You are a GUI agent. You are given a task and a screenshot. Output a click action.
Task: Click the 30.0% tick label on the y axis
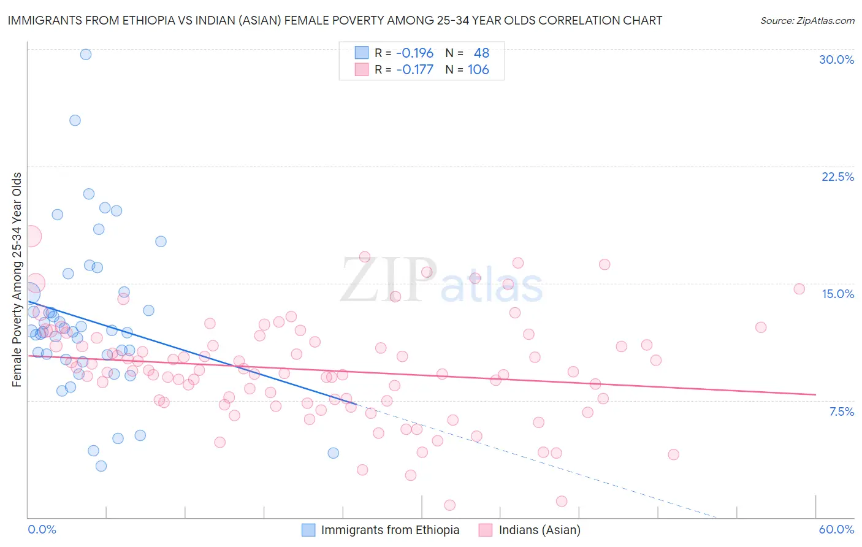click(836, 59)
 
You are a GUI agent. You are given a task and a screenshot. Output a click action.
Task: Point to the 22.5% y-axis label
click(837, 177)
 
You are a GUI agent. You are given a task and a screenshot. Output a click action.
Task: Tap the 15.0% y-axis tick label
click(837, 294)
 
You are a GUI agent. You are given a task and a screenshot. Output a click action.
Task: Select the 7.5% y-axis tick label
click(841, 411)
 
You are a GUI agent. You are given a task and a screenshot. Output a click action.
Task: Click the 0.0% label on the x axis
click(42, 529)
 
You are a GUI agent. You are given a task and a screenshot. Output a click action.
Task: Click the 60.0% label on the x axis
click(836, 529)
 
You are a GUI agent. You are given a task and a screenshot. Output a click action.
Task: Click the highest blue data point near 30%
click(86, 54)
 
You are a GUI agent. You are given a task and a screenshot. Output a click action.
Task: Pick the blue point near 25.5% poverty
click(75, 120)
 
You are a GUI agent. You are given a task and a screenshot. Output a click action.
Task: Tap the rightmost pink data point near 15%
click(799, 289)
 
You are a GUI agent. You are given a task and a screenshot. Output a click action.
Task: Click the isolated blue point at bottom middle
click(334, 453)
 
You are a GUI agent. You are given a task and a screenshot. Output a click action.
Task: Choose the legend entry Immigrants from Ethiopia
click(390, 530)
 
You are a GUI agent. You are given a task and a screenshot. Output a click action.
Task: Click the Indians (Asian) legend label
click(540, 530)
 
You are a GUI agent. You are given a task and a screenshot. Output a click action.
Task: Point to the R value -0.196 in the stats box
click(414, 53)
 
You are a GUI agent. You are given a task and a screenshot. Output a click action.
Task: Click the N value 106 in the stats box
click(478, 69)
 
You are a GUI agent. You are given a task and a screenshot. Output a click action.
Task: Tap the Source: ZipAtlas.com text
click(807, 20)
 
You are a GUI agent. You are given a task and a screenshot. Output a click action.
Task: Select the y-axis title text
click(17, 280)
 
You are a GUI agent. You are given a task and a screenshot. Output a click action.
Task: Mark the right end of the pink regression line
click(815, 394)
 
